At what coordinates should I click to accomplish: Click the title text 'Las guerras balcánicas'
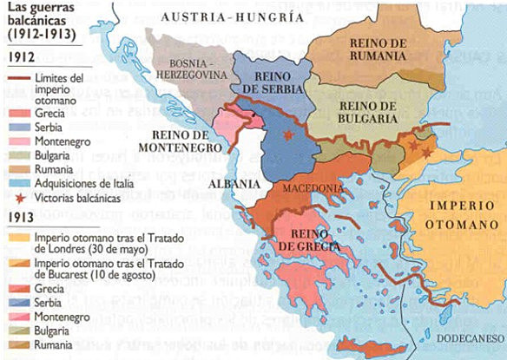(40, 20)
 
